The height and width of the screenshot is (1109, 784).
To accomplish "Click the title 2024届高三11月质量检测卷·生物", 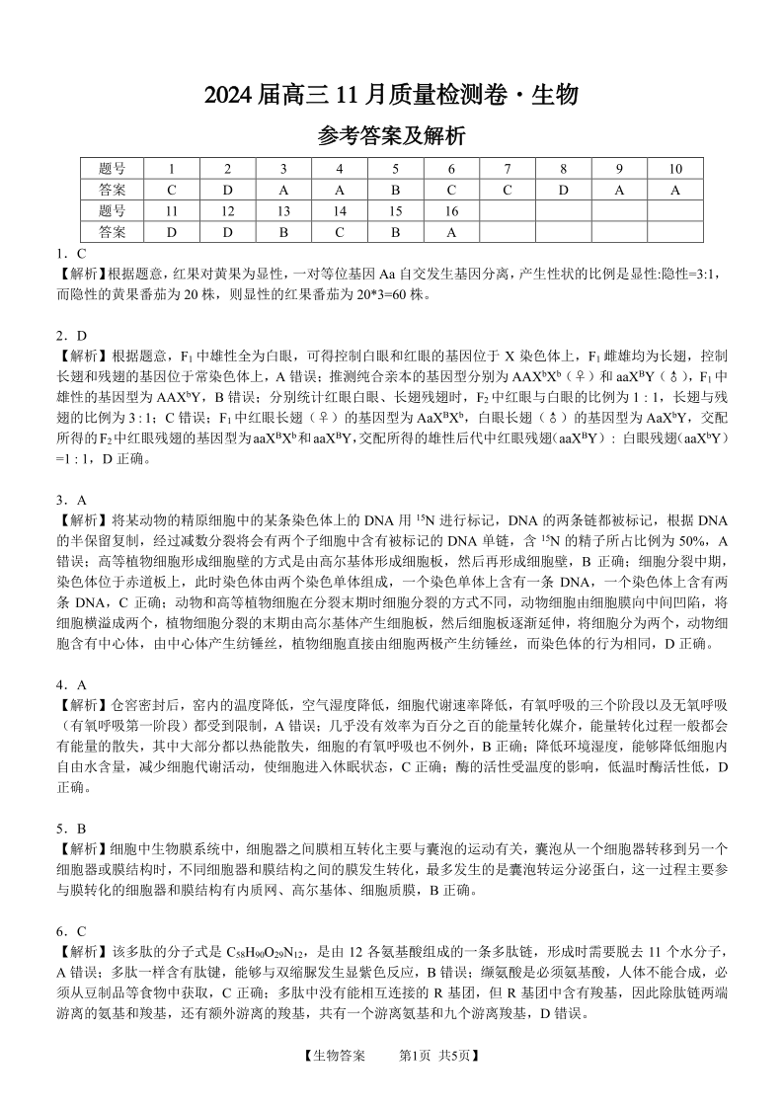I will tap(391, 95).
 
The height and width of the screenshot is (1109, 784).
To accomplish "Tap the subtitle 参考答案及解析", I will tap(391, 136).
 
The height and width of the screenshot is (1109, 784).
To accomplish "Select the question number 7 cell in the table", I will tap(507, 168).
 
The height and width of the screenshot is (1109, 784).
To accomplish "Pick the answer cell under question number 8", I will tap(563, 190).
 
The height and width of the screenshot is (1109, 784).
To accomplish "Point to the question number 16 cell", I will tap(451, 211).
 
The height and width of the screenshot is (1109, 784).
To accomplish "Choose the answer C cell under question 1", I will tap(171, 190).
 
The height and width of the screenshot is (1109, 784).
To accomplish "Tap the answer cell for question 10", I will tap(675, 190).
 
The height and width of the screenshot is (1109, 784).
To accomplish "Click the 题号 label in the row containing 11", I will tap(113, 211).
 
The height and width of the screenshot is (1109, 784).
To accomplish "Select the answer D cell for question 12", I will tap(227, 232).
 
